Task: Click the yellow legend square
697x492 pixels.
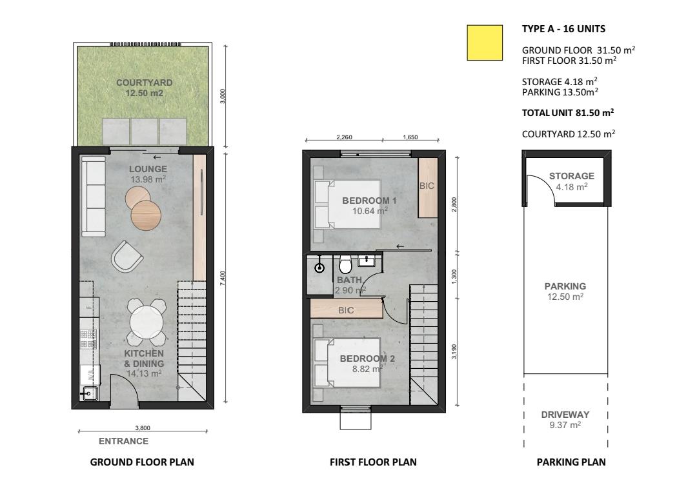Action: coord(485,43)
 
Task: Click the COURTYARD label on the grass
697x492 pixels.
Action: coord(144,83)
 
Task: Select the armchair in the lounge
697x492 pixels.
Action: coord(126,257)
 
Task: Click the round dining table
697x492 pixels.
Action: coord(146,322)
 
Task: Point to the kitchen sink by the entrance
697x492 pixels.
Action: coord(89,393)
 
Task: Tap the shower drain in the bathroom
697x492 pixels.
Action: coord(319,268)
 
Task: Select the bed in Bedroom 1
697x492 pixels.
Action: coord(347,204)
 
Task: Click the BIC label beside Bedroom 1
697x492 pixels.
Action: coord(427,186)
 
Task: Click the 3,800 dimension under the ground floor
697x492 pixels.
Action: coord(143,428)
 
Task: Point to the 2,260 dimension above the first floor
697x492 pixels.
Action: coord(344,137)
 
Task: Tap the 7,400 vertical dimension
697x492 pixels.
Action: coord(223,278)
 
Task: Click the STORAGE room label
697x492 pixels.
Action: coord(572,176)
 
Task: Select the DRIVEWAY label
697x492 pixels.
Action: coord(565,414)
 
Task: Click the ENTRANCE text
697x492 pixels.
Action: coord(123,441)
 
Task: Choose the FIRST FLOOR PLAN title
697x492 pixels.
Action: coord(374,462)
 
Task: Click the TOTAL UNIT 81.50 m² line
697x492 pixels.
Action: coord(568,113)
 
